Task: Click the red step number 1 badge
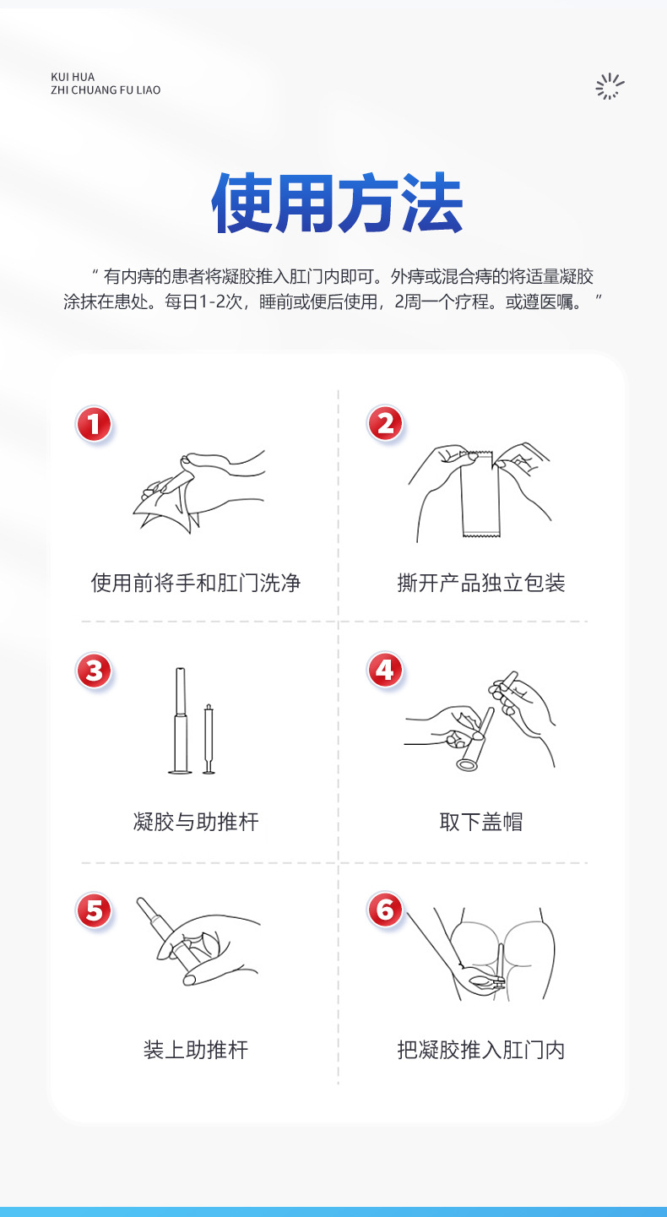[x=94, y=424]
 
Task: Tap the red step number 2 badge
[x=385, y=424]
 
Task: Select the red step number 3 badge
[x=94, y=671]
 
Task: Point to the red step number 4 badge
[x=385, y=670]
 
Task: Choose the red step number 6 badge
[x=385, y=910]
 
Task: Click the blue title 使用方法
[x=337, y=203]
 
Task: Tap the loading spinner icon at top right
[x=610, y=86]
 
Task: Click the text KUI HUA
[x=73, y=77]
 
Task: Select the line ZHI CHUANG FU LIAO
[x=106, y=90]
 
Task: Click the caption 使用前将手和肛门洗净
[x=196, y=583]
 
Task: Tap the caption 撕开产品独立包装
[x=481, y=583]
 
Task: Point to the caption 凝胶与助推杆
[x=196, y=822]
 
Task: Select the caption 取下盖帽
[x=481, y=822]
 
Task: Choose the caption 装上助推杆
[x=196, y=1050]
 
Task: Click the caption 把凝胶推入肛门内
[x=481, y=1050]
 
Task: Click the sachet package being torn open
[x=480, y=493]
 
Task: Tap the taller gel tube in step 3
[x=181, y=720]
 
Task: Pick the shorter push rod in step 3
[x=209, y=739]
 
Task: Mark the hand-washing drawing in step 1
[x=199, y=490]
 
